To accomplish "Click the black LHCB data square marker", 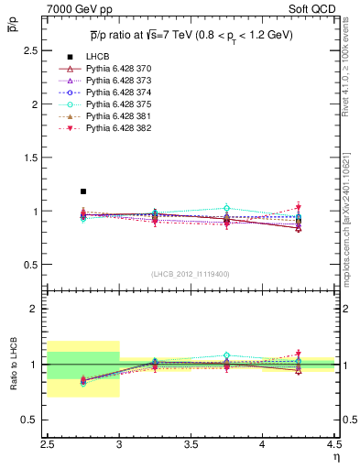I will click(83, 191).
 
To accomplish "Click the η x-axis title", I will click(336, 455).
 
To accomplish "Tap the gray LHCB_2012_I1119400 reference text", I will click(191, 273).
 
